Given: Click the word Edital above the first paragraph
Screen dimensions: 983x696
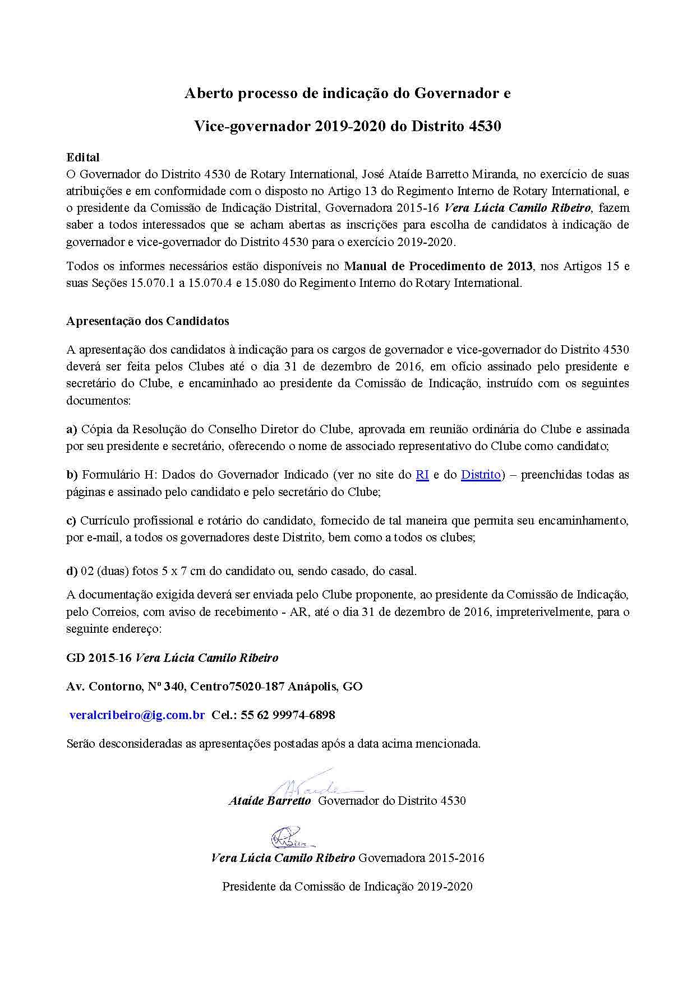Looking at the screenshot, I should coord(82,157).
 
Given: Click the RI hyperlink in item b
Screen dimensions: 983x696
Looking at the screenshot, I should coord(422,475).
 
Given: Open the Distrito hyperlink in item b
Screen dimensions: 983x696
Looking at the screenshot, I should coord(481,475).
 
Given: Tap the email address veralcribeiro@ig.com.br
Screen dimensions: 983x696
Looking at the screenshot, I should coord(137,715).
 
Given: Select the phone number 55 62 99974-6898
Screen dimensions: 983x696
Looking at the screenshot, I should coord(289,715).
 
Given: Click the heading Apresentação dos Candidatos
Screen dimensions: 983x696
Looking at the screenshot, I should coord(148,321).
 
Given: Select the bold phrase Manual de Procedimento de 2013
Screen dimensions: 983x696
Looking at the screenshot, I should coord(438,266).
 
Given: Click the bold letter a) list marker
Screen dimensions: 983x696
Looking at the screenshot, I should coord(71,429).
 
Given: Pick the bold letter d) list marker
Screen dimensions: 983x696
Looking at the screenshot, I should coord(72,571).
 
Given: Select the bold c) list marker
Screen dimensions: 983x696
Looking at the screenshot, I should coord(71,521).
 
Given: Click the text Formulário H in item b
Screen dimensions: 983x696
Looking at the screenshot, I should coord(115,475).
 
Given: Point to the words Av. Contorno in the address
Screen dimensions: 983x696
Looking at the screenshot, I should coord(103,686).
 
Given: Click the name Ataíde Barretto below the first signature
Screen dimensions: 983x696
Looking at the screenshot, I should coord(269,801).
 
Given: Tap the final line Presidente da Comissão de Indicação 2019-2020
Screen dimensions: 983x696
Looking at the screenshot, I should coord(347,887).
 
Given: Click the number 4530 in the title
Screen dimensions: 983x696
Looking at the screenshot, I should coord(483,126).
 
